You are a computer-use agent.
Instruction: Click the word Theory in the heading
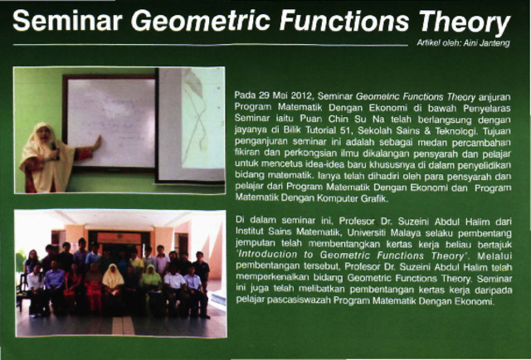pos(465,21)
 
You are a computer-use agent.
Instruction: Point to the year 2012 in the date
pos(300,95)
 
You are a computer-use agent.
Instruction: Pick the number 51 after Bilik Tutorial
pos(346,130)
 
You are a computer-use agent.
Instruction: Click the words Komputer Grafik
pos(352,199)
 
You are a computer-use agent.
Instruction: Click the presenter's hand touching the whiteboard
pos(97,142)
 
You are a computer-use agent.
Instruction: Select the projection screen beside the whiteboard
pos(191,124)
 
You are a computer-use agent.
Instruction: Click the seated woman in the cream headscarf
pos(113,288)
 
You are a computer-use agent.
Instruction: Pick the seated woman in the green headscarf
pos(151,288)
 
